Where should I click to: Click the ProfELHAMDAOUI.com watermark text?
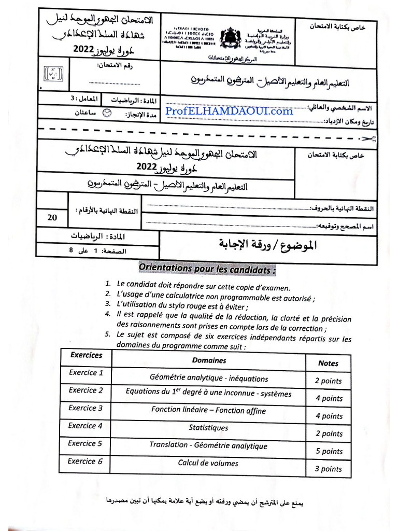pos(229,111)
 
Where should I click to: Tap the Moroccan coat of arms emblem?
pos(231,37)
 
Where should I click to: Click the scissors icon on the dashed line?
pos(368,138)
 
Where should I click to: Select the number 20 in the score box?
pos(52,218)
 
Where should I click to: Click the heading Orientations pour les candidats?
pos(207,270)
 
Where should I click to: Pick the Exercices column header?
pos(86,355)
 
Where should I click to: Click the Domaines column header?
pos(209,360)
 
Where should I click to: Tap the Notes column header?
pos(328,363)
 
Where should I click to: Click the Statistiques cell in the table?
pos(208,428)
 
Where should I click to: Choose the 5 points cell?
pos(329,451)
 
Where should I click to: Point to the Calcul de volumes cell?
pos(208,463)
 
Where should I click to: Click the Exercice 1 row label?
pos(86,372)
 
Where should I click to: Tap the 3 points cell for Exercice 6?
pos(329,469)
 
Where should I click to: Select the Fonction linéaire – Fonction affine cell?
pos(208,410)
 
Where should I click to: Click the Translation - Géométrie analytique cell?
pos(208,445)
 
